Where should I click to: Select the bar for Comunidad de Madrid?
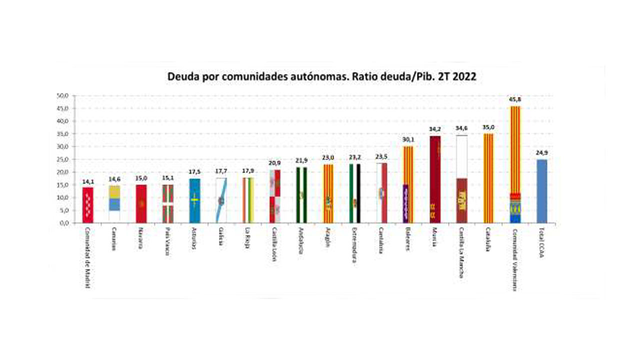(88, 205)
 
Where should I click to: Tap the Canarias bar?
(114, 204)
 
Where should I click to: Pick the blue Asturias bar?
(194, 200)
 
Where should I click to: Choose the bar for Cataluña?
(488, 178)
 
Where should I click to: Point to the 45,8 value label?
(515, 99)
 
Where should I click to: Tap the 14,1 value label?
(88, 181)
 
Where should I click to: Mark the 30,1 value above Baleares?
(408, 140)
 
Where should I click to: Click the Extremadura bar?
(355, 193)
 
